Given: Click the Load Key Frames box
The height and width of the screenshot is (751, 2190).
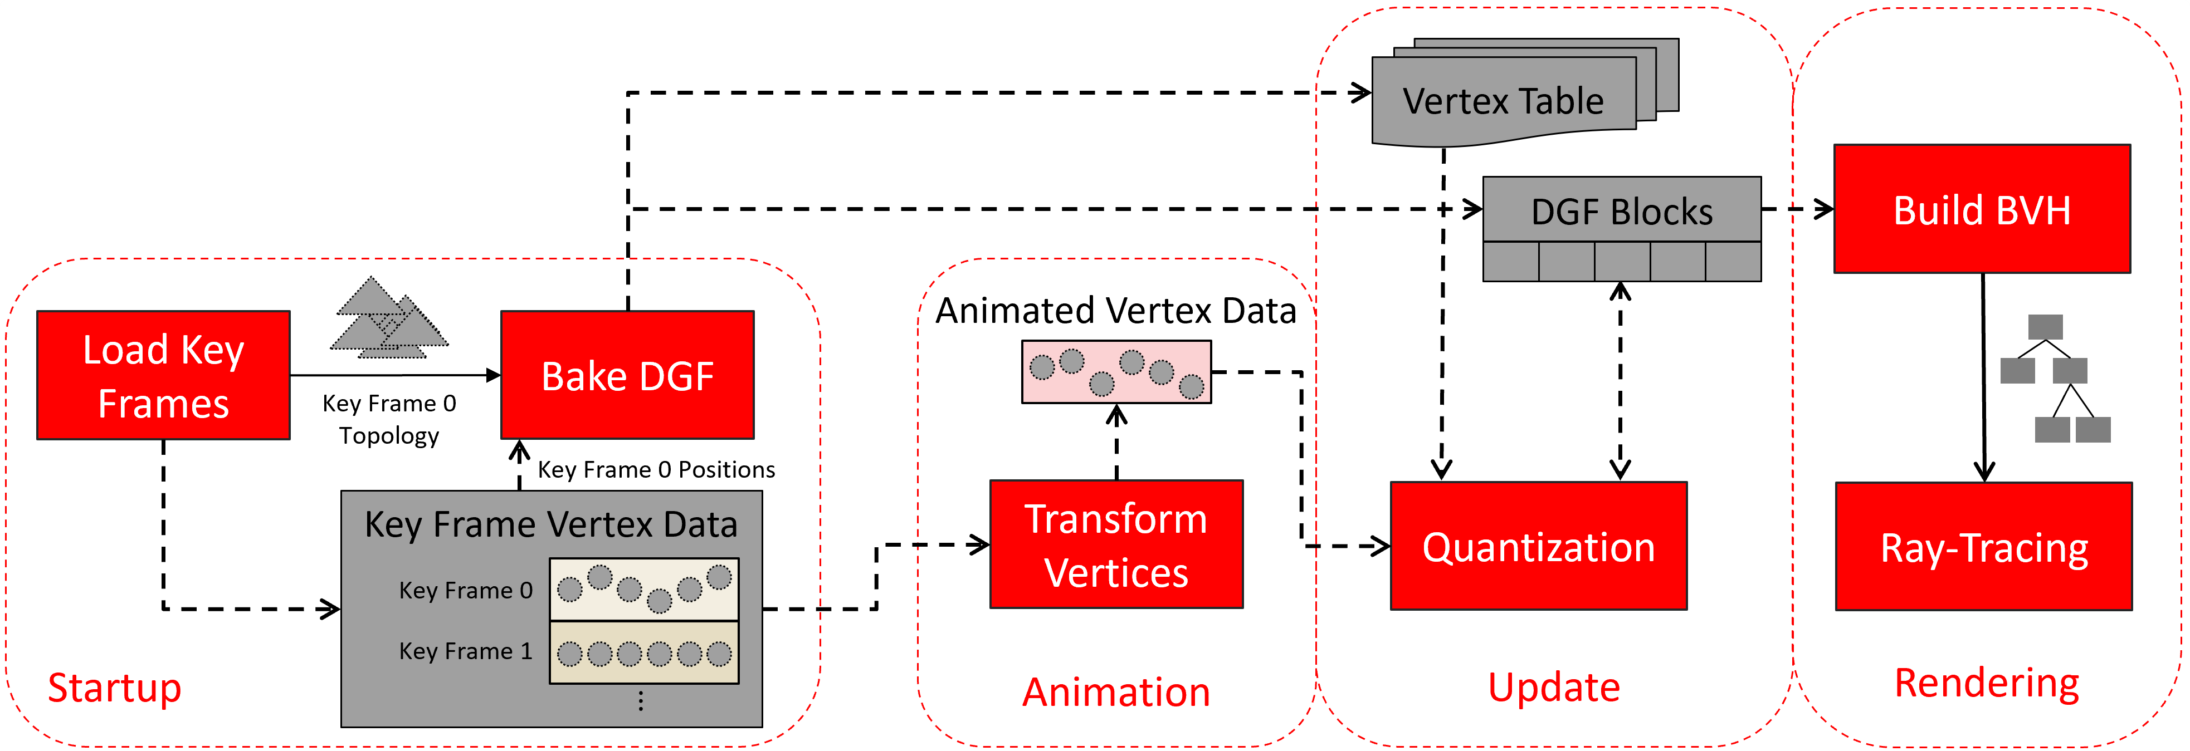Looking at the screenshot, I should tap(163, 375).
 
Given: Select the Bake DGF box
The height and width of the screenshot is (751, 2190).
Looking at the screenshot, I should tap(627, 375).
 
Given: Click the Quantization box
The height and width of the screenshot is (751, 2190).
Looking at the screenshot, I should tap(1538, 546).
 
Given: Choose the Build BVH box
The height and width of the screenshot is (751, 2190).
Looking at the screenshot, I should tap(1981, 209).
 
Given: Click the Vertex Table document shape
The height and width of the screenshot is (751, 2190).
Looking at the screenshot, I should tap(1503, 100).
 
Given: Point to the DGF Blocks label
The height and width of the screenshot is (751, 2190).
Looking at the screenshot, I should tap(1621, 210).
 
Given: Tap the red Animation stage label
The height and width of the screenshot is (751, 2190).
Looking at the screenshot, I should tap(1115, 691).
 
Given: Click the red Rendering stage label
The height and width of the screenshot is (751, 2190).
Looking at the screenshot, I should tap(1986, 682).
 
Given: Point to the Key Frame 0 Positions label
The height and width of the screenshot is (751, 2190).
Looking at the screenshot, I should tap(656, 470).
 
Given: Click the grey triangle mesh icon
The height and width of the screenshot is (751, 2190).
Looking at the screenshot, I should tap(388, 318).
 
